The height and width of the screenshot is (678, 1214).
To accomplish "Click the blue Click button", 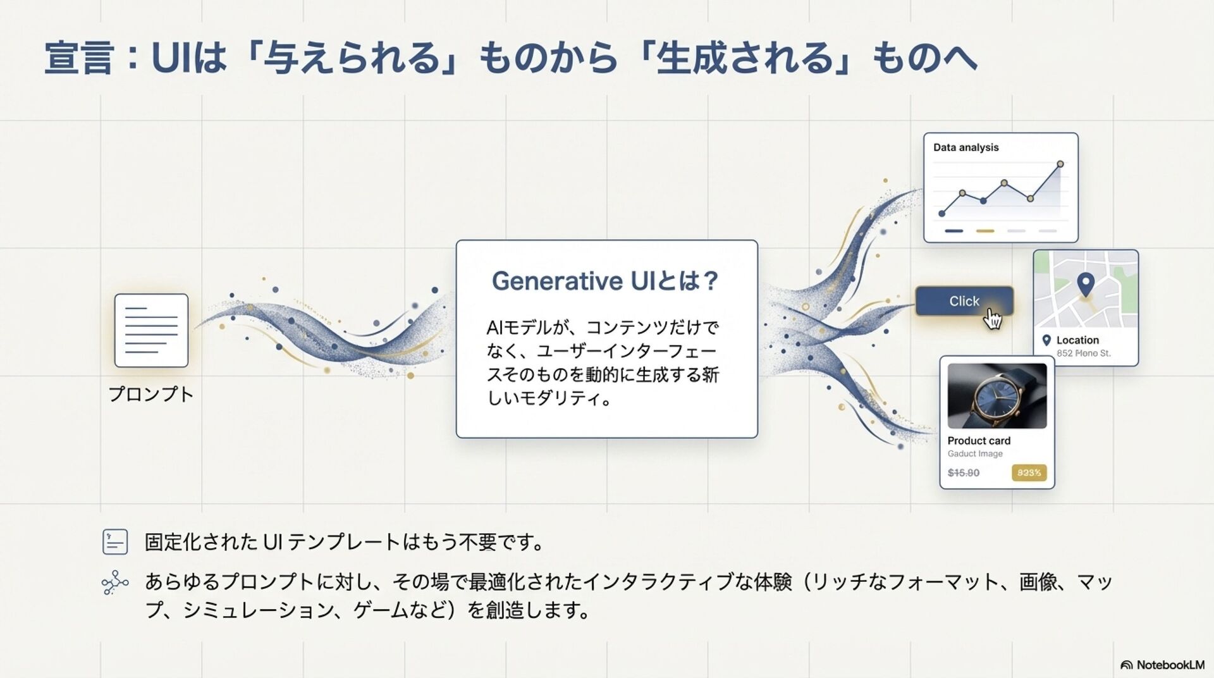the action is tap(963, 301).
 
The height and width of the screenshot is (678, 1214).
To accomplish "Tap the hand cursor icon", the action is tap(993, 320).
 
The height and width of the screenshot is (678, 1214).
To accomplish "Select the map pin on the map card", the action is tap(1086, 284).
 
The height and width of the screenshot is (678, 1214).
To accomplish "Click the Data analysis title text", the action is tap(966, 147).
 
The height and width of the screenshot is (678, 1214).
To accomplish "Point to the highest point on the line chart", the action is tap(1060, 164).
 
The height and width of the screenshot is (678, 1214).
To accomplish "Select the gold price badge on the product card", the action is tap(1029, 472).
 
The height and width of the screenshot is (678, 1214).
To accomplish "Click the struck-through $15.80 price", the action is tap(964, 472).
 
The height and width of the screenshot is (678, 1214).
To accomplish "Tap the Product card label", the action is tap(979, 441).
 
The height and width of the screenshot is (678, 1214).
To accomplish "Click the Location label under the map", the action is tap(1077, 340).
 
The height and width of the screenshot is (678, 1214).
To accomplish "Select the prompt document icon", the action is tap(151, 330).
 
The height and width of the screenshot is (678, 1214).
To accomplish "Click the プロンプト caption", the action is tap(151, 394).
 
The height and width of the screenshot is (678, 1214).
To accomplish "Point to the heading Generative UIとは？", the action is tap(606, 281).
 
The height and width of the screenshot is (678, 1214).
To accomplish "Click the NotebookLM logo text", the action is tap(1170, 665).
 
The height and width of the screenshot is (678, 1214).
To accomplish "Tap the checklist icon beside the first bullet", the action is tap(115, 542).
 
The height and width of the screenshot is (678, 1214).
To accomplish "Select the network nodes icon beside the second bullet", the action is tap(115, 582).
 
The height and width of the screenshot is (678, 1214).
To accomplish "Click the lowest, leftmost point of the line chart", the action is tap(942, 214).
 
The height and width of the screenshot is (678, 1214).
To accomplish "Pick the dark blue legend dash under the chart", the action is tap(953, 231).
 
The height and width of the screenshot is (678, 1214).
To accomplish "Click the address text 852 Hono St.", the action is tap(1083, 354).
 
